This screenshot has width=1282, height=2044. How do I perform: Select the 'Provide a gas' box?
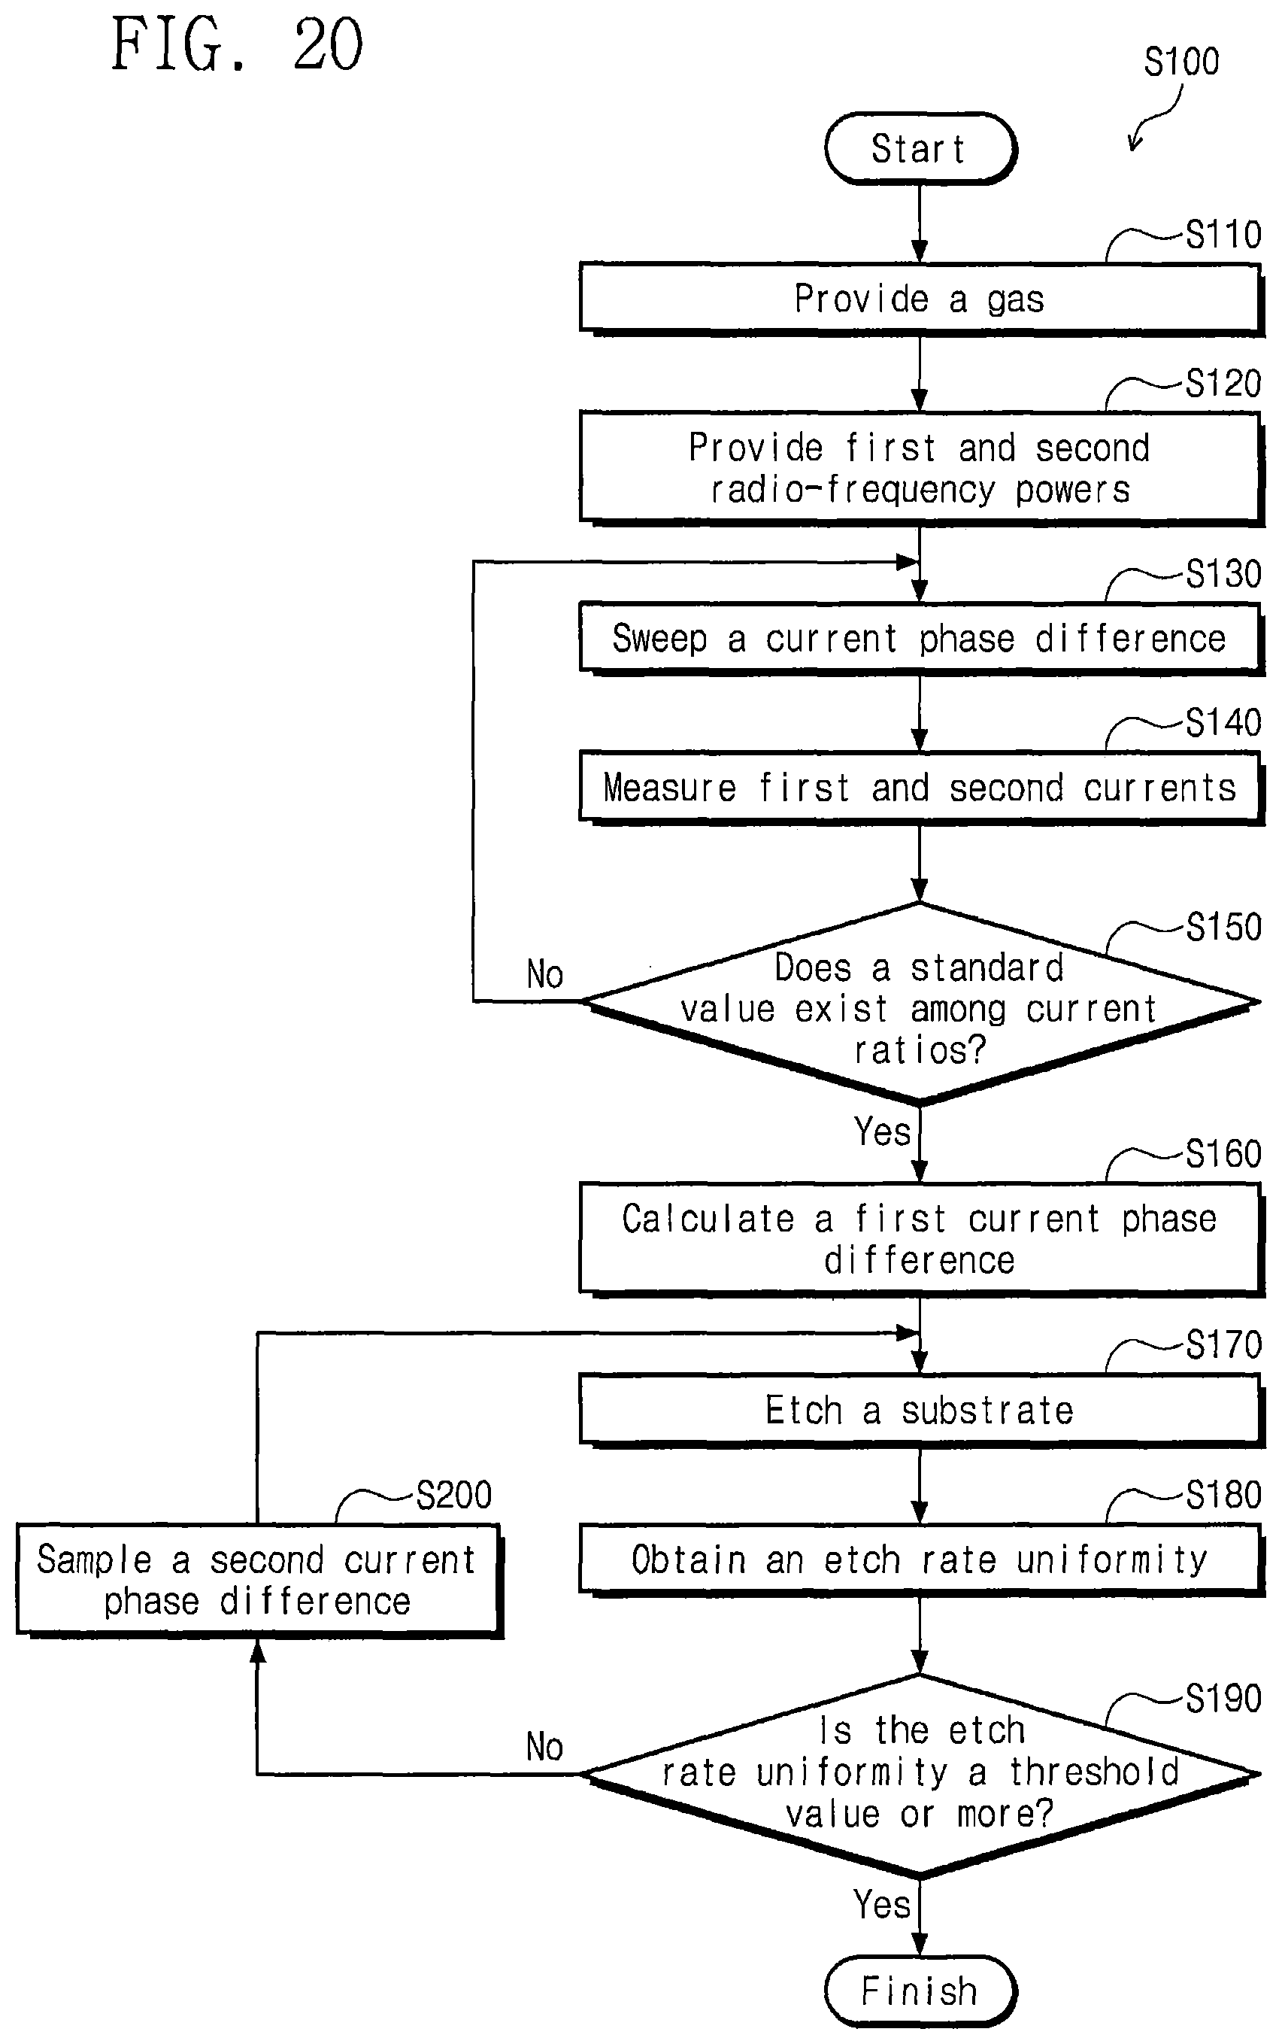click(x=922, y=299)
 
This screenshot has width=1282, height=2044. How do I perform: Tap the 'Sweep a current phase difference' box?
click(x=922, y=639)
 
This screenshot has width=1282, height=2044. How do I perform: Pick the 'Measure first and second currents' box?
click(x=922, y=787)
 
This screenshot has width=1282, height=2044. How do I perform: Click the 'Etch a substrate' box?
click(x=922, y=1411)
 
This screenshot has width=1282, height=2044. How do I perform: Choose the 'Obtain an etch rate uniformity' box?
click(x=922, y=1560)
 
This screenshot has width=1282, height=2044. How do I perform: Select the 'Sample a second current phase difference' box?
click(x=259, y=1580)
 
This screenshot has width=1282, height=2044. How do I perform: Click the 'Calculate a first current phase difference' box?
click(x=922, y=1239)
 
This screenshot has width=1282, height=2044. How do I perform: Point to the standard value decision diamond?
click(x=921, y=1004)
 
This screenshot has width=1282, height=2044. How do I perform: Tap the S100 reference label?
click(x=1181, y=62)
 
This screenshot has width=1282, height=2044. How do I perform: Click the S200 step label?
click(x=453, y=1494)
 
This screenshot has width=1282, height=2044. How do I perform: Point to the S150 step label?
click(x=1223, y=927)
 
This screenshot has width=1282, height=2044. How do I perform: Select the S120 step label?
click(x=1223, y=384)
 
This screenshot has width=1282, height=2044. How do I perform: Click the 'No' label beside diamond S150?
click(x=544, y=973)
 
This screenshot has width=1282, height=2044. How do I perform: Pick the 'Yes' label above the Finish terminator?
click(x=882, y=1904)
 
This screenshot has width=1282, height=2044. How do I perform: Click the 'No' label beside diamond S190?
click(x=544, y=1746)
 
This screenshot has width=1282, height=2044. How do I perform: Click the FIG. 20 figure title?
click(x=238, y=44)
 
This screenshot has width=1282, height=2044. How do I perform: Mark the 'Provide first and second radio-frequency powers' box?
click(x=922, y=468)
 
